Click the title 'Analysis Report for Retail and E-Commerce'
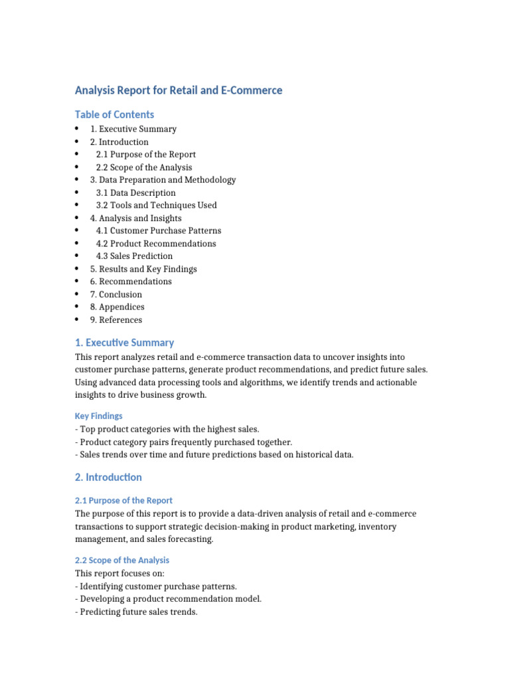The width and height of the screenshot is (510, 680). (178, 90)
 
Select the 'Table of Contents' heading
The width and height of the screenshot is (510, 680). (114, 114)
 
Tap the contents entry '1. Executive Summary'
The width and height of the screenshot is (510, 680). (133, 129)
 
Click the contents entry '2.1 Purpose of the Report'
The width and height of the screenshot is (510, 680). (145, 155)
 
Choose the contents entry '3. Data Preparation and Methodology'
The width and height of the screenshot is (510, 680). (163, 180)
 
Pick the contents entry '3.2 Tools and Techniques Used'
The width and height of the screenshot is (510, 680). (156, 205)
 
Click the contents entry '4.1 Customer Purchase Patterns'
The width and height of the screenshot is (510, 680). (159, 230)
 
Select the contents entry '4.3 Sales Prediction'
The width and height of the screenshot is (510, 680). (134, 256)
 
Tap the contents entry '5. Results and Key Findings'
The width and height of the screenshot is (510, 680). (143, 269)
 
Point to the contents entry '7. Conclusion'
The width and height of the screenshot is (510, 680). (116, 294)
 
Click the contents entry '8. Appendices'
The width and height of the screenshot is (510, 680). (118, 307)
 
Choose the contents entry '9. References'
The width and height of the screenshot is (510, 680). (116, 319)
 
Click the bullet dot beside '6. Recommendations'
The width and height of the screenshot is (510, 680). (78, 282)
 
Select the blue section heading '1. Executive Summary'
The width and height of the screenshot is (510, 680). (124, 343)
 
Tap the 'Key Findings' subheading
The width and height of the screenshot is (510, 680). (98, 416)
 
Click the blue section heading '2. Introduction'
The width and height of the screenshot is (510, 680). (108, 477)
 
